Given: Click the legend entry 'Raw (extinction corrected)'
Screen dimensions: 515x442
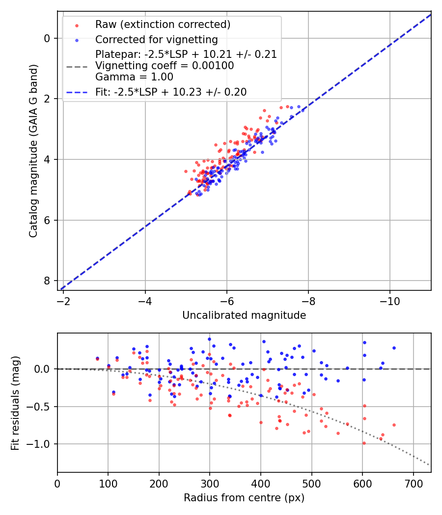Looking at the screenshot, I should point(163,25).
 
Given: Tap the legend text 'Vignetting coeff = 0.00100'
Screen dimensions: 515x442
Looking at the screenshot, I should point(165,66).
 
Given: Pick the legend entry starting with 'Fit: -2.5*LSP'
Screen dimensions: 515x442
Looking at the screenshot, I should point(171,92).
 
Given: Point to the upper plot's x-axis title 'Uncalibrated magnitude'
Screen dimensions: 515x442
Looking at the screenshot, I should point(244,315).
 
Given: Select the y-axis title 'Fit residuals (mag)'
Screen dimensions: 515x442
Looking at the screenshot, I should point(15,403).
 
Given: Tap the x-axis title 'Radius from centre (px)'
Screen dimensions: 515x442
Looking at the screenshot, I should point(244,498).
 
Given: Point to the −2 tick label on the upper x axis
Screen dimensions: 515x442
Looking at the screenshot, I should point(63,299).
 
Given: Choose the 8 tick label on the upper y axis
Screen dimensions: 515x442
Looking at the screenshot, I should point(47,281).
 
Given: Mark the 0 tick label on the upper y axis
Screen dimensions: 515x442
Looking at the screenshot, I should point(47,38).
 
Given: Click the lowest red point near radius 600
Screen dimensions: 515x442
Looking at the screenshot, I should point(364,443).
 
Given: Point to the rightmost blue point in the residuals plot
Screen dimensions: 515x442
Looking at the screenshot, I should point(394,348).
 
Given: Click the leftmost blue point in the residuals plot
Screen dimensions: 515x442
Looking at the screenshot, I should point(97,359).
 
